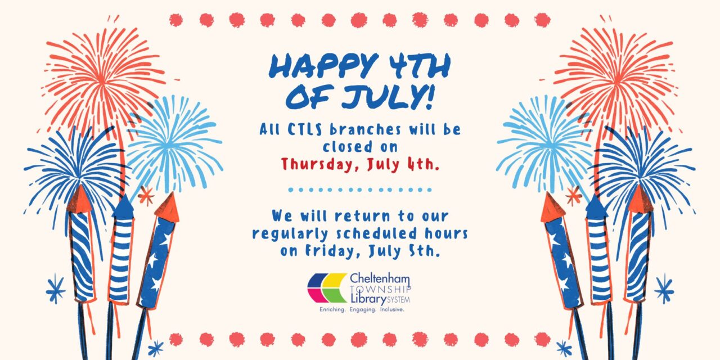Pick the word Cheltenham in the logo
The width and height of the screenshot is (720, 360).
pyautogui.click(x=380, y=278)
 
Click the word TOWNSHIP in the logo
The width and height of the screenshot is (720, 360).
pyautogui.click(x=380, y=290)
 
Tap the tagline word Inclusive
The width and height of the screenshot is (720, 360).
pyautogui.click(x=392, y=310)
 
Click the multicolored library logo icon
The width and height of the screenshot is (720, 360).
pyautogui.click(x=327, y=288)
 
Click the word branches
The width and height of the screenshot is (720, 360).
pyautogui.click(x=366, y=129)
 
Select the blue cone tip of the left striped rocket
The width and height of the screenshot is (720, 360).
pyautogui.click(x=123, y=206)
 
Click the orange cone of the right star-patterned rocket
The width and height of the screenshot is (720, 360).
pyautogui.click(x=552, y=208)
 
